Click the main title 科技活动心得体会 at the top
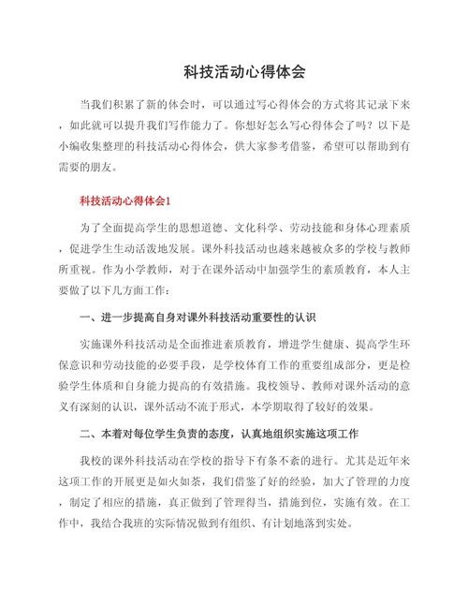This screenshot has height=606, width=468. tap(234, 71)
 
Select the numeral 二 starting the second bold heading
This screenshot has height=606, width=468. tap(85, 436)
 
